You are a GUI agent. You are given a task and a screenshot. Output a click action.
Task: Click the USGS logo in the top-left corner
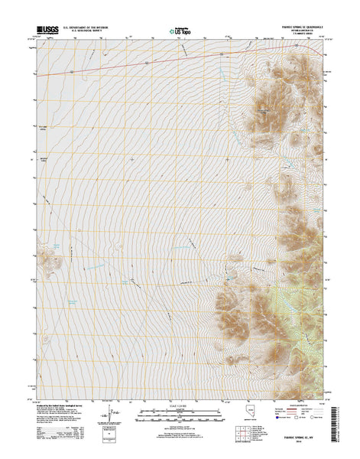(x=45, y=31)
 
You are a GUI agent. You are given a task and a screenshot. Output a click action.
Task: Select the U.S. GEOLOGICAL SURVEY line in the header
(x=86, y=33)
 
